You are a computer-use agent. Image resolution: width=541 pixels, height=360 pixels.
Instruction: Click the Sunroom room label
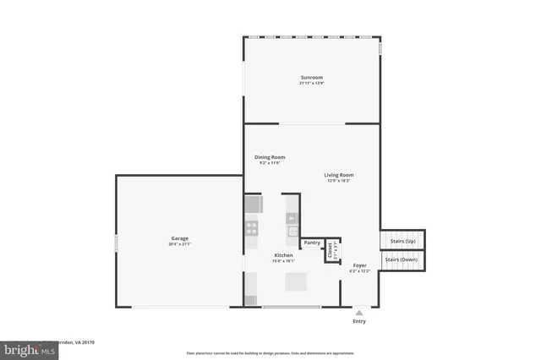click(311, 77)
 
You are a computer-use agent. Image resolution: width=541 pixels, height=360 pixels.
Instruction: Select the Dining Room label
click(270, 156)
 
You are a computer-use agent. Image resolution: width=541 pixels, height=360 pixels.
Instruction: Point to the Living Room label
click(338, 175)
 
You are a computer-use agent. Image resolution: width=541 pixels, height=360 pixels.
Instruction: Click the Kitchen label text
click(283, 255)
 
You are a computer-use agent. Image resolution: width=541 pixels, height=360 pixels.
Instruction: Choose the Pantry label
click(312, 243)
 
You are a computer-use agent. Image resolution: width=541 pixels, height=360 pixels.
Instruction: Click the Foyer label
click(360, 265)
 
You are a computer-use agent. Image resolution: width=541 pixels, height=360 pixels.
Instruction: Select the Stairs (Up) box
click(402, 241)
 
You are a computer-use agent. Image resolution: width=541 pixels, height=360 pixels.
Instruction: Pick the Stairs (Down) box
click(402, 260)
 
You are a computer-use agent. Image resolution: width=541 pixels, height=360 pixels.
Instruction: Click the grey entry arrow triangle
click(359, 312)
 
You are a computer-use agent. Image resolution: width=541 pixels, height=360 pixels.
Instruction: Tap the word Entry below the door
click(359, 321)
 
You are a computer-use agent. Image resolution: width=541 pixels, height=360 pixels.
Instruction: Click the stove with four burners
click(252, 226)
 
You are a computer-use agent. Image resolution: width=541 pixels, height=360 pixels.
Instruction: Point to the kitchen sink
click(292, 230)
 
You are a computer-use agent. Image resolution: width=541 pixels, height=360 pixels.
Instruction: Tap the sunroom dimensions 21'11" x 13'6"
click(311, 83)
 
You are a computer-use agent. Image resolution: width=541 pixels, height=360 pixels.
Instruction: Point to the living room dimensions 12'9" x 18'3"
click(338, 181)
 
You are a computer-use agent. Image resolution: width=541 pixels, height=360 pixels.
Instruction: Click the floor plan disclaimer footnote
click(270, 353)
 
